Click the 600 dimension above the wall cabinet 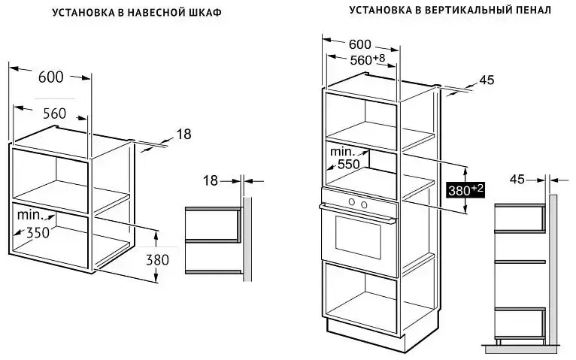[50, 77]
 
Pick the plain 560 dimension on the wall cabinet [54, 113]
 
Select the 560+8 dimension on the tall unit [368, 59]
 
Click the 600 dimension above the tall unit [360, 44]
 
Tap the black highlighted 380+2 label [465, 190]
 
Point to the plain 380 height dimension [158, 260]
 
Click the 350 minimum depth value [38, 232]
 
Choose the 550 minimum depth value [349, 165]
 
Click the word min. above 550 [343, 151]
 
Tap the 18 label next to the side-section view [211, 180]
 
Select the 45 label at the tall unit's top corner [487, 80]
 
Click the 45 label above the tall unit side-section [517, 180]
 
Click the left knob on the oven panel [352, 202]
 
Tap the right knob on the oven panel [364, 204]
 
